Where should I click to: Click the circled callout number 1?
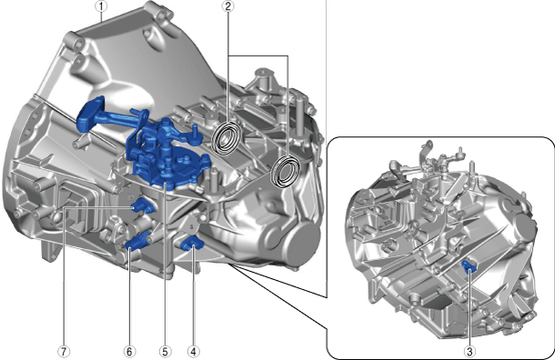coord(101,6)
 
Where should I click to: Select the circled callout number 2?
coord(228,6)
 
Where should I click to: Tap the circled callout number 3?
coord(469,352)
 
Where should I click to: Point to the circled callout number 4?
coord(193,352)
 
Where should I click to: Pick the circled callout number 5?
coord(165,352)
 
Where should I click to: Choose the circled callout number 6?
coord(129,352)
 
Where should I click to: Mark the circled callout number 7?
coord(64,352)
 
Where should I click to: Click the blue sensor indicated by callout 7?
coord(143,205)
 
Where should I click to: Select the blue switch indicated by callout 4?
coord(192,244)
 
